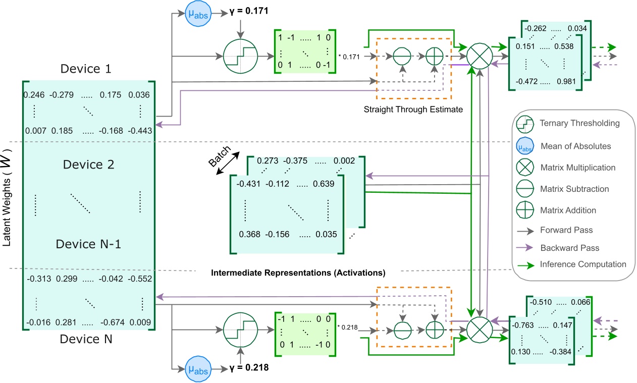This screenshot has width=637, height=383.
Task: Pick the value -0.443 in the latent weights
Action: pos(140,131)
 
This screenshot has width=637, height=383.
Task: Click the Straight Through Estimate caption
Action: pos(413,108)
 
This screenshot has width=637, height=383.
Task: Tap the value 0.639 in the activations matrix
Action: pos(324,184)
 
